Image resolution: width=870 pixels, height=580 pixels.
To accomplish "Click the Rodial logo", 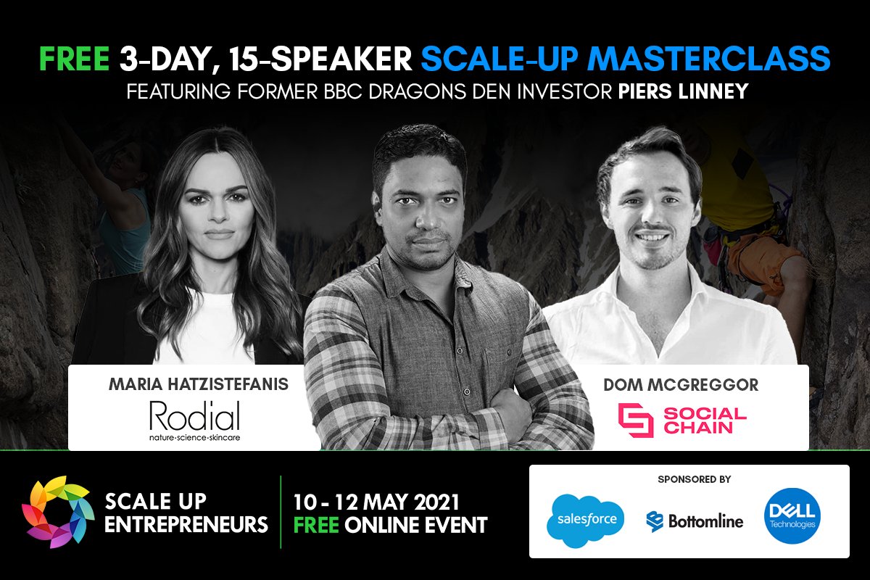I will point(194,421).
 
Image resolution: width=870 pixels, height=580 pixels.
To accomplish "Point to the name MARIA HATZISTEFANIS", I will point(197,384).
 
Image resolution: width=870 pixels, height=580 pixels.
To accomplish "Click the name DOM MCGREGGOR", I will point(681,385).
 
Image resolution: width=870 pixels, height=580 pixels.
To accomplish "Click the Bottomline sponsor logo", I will point(695,521).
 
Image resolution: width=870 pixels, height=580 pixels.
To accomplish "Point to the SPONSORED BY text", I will point(694,479).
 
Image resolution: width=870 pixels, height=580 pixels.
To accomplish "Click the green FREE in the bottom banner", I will point(316,523).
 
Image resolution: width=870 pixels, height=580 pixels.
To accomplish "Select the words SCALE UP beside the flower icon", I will point(155,501).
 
